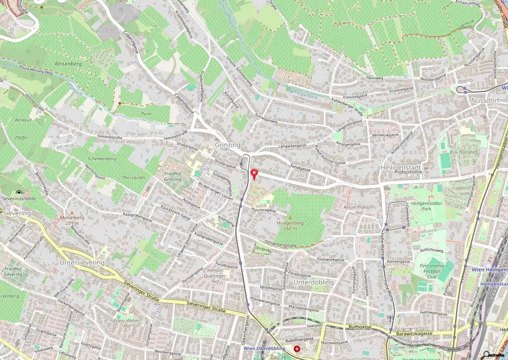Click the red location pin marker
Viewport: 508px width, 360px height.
coord(255,174)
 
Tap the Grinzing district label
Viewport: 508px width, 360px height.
coord(228,145)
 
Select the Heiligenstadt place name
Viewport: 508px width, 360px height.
coord(400,168)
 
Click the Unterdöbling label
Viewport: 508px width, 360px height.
coord(314,282)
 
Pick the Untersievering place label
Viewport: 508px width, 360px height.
coord(82,262)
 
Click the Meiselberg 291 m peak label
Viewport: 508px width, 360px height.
coord(72,220)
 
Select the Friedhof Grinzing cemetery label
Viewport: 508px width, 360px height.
coord(174,177)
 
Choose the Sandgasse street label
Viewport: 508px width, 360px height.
coord(300,169)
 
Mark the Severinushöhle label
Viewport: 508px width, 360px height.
coord(19,199)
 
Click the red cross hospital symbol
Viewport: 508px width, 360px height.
coord(297,349)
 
